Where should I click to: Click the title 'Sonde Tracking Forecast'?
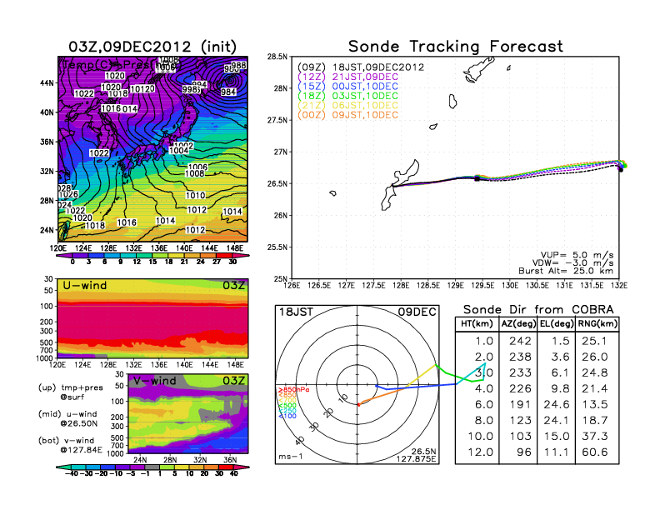click(x=455, y=46)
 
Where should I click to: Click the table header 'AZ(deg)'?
click(x=517, y=323)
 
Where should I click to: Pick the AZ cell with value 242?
click(x=517, y=340)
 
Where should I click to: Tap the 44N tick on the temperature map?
click(x=47, y=83)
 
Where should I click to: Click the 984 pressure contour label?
click(x=227, y=92)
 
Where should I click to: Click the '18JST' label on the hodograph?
click(x=293, y=312)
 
